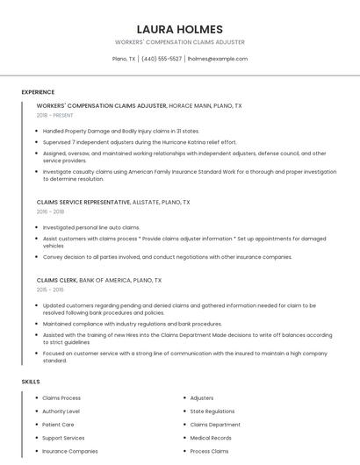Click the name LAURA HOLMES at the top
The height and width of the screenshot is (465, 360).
[x=179, y=29]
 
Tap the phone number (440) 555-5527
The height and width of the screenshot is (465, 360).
[x=162, y=59]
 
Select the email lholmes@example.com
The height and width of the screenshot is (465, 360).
[x=218, y=59]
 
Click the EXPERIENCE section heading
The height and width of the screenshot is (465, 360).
[x=38, y=92]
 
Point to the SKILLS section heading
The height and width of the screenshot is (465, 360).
[x=31, y=382]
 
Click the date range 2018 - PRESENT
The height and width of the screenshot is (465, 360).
[x=55, y=115]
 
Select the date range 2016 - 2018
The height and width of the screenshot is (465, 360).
[x=50, y=211]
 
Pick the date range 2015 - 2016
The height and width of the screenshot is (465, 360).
[x=50, y=290]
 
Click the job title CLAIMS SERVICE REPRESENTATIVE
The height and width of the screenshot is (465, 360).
[x=85, y=202]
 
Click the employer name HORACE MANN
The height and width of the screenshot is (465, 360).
[x=189, y=105]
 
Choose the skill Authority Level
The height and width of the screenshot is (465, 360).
[x=61, y=411]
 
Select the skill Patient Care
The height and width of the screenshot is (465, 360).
[x=58, y=424]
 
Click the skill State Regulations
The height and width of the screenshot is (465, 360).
[x=212, y=411]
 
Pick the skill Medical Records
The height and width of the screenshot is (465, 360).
[x=211, y=437]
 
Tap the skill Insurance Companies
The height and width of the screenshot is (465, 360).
[x=70, y=451]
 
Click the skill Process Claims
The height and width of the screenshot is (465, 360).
[x=209, y=451]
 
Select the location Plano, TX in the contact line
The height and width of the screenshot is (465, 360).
[x=124, y=59]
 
